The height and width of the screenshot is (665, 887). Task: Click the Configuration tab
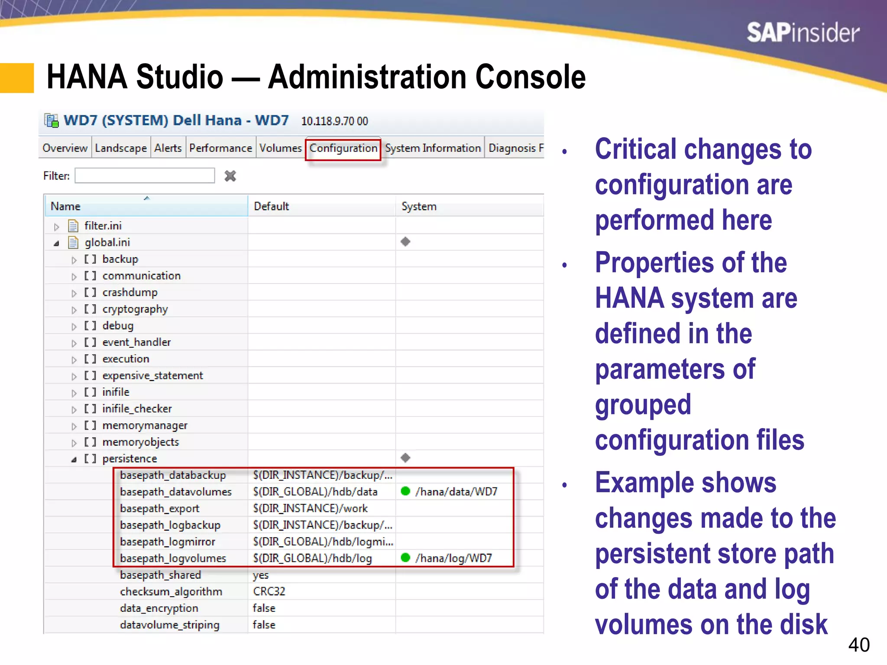point(343,148)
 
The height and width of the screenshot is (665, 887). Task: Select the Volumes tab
point(280,148)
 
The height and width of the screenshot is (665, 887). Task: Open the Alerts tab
point(168,148)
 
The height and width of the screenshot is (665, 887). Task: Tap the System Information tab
point(433,148)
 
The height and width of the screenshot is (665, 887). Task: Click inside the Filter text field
point(145,176)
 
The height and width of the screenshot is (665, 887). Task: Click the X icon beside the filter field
point(230,176)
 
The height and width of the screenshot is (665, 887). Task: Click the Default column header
point(272,207)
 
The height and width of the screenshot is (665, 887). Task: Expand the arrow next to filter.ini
point(56,226)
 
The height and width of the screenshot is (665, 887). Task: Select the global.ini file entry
point(107,242)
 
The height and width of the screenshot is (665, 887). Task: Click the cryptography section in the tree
point(135,309)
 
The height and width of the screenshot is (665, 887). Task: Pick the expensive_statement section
point(152,376)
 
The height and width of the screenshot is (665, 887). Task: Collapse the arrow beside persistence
point(74,459)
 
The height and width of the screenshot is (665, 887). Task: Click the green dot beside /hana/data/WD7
point(405,491)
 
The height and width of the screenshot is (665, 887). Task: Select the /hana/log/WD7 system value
point(453,558)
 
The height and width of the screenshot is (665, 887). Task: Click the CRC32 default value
point(269,591)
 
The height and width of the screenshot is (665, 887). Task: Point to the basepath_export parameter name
point(159,508)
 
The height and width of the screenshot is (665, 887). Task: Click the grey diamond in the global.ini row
point(405,242)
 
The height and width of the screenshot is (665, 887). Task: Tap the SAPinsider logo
point(803,33)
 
